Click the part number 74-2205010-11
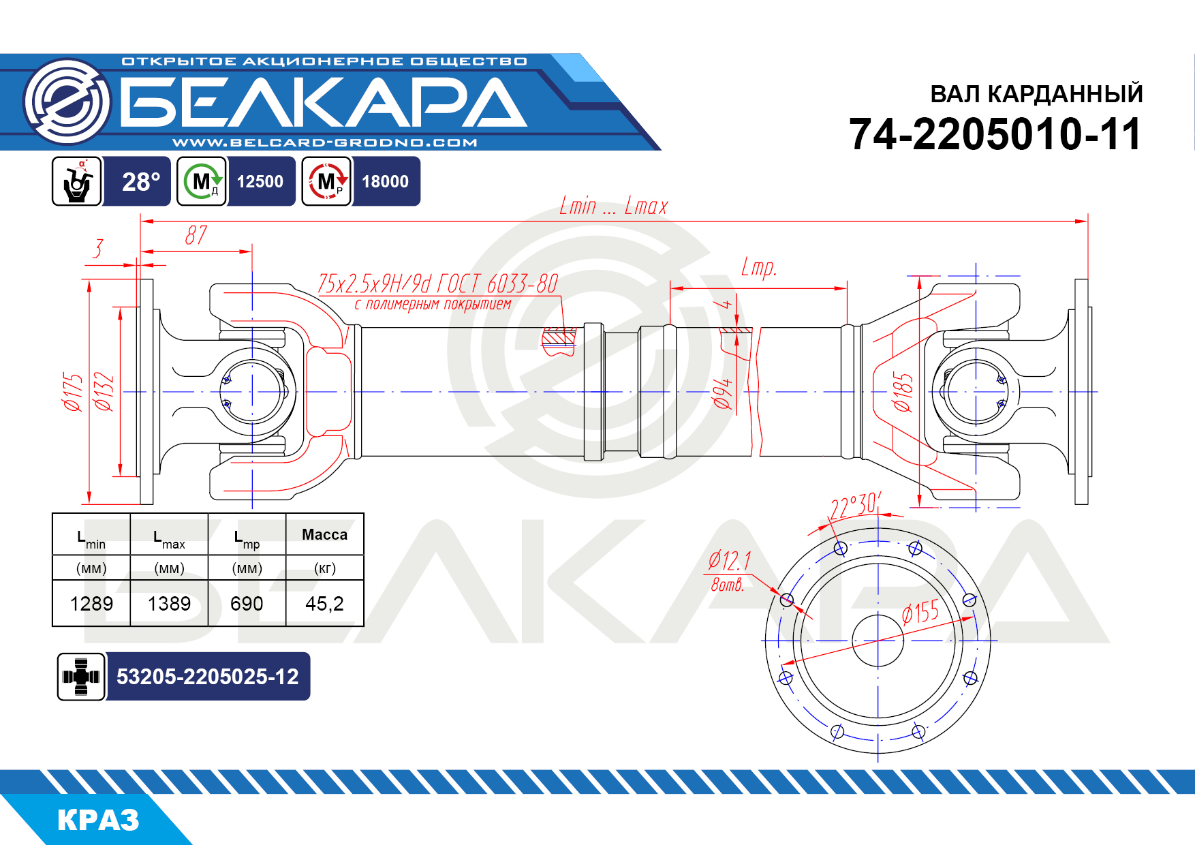995,134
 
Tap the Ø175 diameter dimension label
73,392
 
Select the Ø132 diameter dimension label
104,392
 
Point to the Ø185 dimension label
903,393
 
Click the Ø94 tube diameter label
723,394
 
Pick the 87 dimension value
196,235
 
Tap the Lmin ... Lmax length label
614,206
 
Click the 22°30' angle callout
855,506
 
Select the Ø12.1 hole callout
730,561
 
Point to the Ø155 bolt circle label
920,612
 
